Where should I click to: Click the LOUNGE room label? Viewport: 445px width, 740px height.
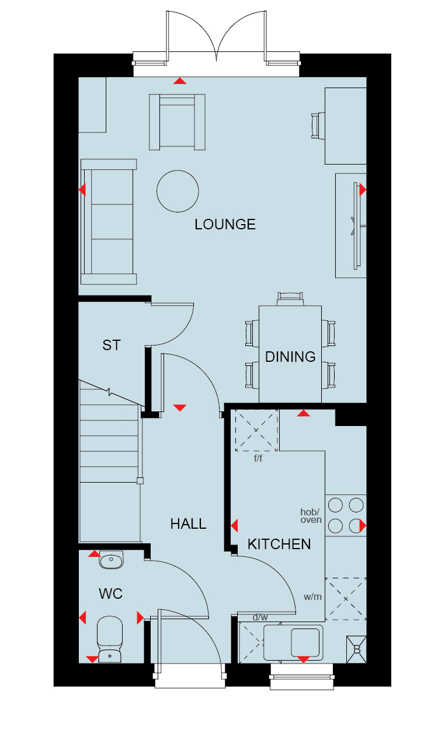[x=225, y=225]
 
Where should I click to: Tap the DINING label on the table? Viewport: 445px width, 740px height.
[x=290, y=357]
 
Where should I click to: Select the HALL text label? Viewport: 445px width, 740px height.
[x=188, y=524]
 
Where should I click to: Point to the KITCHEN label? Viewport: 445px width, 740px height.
[x=279, y=544]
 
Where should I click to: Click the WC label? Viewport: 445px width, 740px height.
[x=110, y=594]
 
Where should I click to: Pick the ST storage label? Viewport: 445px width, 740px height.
[x=112, y=345]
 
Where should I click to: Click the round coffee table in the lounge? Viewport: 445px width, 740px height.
[x=178, y=191]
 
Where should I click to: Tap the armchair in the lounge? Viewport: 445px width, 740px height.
[x=177, y=122]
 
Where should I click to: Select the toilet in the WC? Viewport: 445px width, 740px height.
[x=110, y=639]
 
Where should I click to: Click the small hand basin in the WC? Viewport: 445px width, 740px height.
[x=111, y=560]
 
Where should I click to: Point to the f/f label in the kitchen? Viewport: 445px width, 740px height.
[x=258, y=458]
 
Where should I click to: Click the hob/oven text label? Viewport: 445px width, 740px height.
[x=311, y=516]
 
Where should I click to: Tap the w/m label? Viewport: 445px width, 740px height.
[x=312, y=596]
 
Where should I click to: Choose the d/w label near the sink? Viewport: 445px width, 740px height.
[x=260, y=617]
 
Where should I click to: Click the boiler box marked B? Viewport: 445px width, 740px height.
[x=356, y=650]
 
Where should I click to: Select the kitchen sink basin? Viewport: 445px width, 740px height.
[x=305, y=643]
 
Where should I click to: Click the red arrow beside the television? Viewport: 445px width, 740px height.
[x=363, y=190]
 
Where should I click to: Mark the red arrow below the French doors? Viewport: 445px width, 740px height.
[x=180, y=81]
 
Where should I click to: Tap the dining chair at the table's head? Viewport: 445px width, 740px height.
[x=290, y=299]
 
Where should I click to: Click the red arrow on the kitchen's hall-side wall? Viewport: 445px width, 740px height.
[x=234, y=526]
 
